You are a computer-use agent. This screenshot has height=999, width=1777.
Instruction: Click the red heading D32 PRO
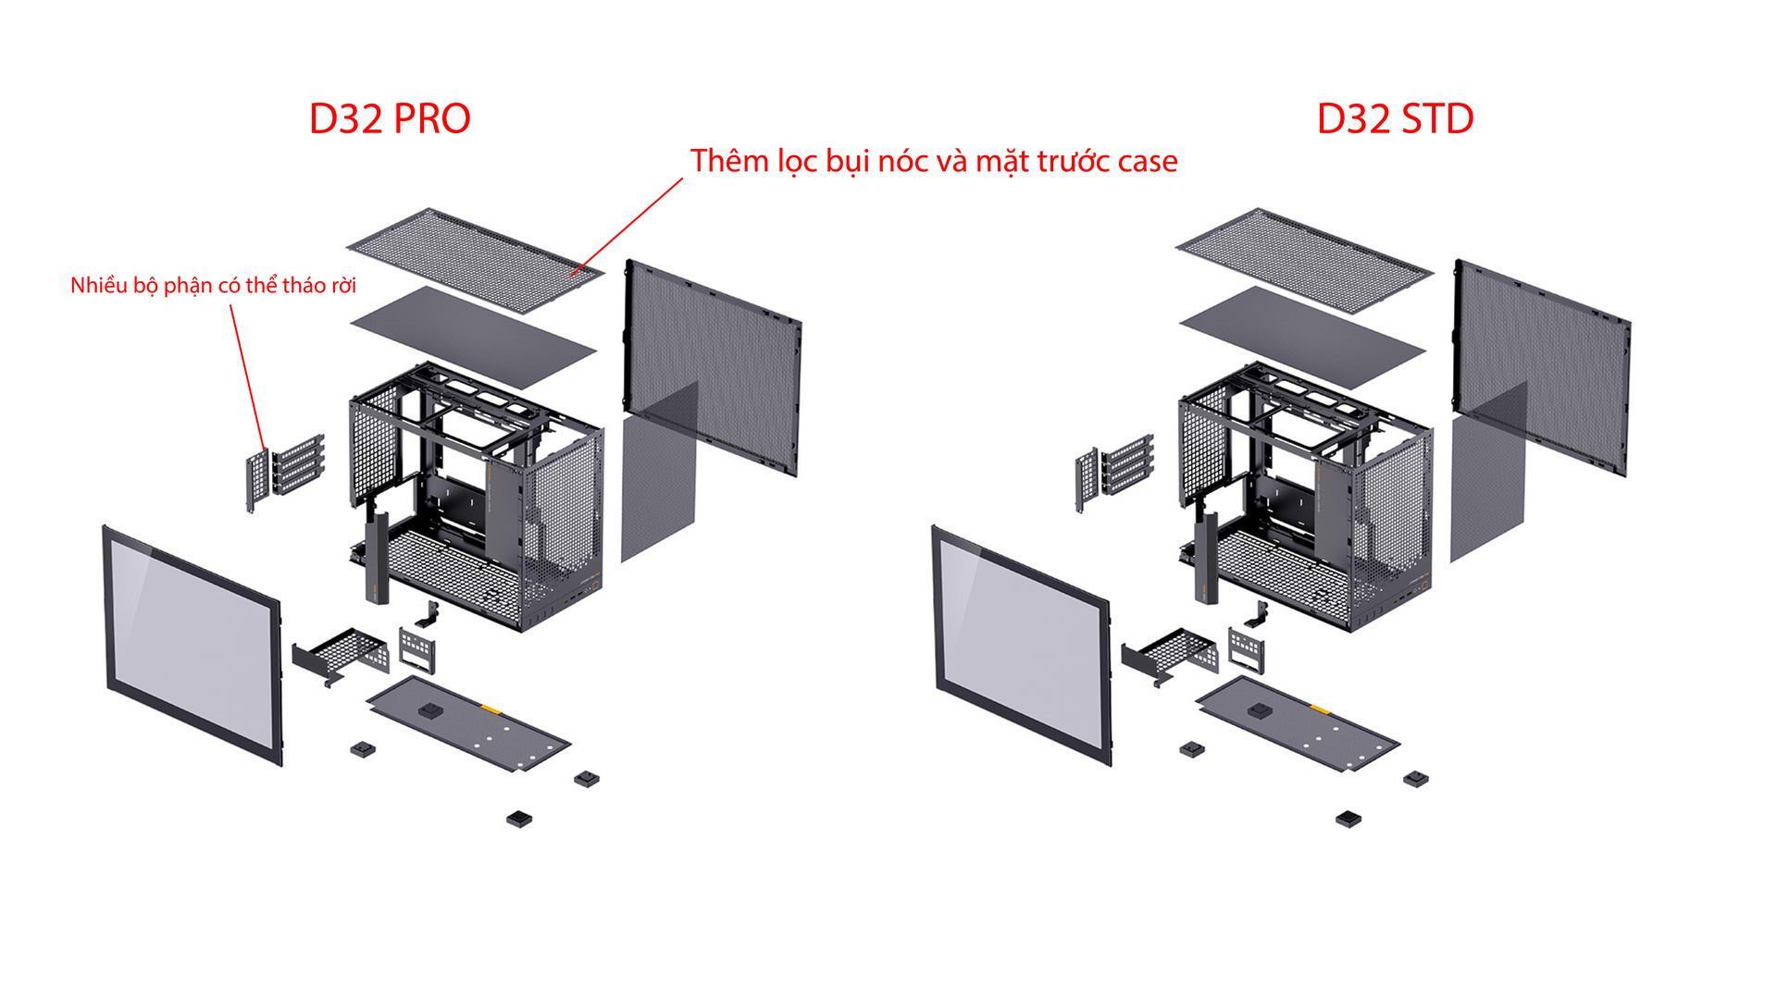pos(389,118)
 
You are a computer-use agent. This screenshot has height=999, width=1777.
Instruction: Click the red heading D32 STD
pos(1395,118)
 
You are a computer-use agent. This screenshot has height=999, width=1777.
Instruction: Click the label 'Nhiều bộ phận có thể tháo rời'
pos(213,285)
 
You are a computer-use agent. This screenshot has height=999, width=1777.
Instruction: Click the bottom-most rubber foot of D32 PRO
pos(520,819)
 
